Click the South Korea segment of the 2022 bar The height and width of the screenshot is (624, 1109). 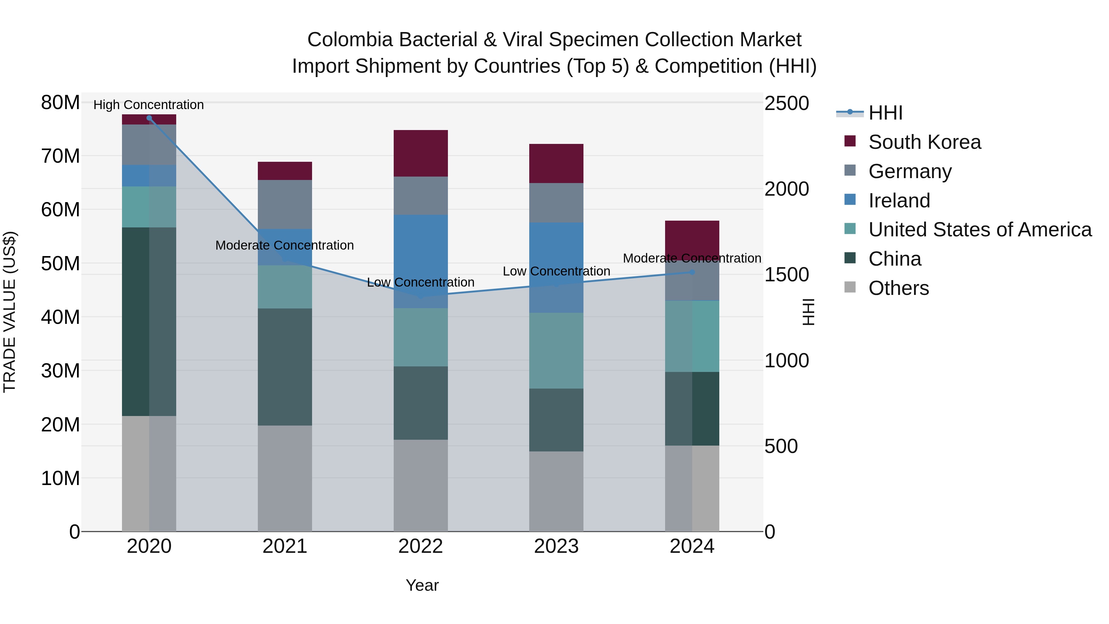pos(420,153)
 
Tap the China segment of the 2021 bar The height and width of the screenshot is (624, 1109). pos(285,367)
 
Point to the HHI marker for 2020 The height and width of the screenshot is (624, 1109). pos(149,118)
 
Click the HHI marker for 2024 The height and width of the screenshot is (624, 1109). pos(692,272)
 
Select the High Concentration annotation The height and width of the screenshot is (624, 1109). pos(148,105)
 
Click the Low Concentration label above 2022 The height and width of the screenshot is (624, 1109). pos(420,283)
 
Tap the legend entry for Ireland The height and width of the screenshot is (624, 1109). pos(899,201)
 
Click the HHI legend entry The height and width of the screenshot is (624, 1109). pos(885,113)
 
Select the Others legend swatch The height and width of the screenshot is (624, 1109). pos(850,287)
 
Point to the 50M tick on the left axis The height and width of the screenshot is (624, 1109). pos(60,263)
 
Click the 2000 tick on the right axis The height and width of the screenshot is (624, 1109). pos(786,189)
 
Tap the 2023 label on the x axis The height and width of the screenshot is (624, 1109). pos(556,546)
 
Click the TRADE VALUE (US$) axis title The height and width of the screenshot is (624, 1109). pos(10,312)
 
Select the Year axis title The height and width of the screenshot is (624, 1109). pos(422,585)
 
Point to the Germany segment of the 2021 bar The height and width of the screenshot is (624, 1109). pos(285,205)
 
